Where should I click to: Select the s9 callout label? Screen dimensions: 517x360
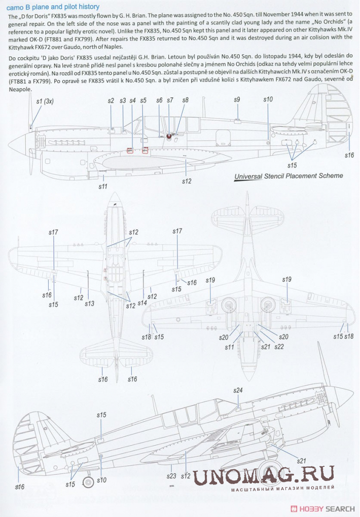pyautogui.click(x=237, y=100)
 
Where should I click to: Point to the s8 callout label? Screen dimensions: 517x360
pyautogui.click(x=185, y=100)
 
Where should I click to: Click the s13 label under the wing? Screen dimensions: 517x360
pyautogui.click(x=89, y=304)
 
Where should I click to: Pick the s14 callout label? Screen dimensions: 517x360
pyautogui.click(x=142, y=303)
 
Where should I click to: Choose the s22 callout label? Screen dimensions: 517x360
pyautogui.click(x=279, y=347)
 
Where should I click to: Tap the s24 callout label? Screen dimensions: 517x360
pyautogui.click(x=238, y=390)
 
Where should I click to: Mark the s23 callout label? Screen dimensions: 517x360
pyautogui.click(x=172, y=476)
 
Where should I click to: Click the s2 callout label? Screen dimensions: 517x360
pyautogui.click(x=111, y=101)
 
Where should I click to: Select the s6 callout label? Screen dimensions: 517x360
pyautogui.click(x=159, y=100)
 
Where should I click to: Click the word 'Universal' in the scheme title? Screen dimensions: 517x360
pyautogui.click(x=248, y=176)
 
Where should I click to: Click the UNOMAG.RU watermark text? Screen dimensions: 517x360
pyautogui.click(x=264, y=475)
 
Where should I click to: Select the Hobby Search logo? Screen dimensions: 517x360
pyautogui.click(x=322, y=509)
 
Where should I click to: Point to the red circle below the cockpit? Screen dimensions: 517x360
pyautogui.click(x=169, y=136)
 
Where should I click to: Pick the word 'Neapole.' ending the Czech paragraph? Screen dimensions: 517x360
pyautogui.click(x=19, y=89)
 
